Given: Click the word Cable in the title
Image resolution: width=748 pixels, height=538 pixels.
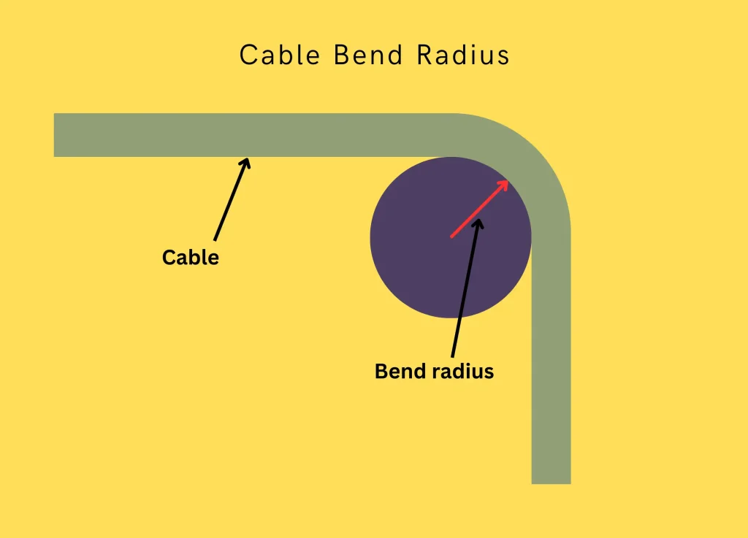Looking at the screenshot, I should pyautogui.click(x=280, y=55).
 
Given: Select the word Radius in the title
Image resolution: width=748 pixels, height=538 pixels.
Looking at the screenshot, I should pyautogui.click(x=463, y=55).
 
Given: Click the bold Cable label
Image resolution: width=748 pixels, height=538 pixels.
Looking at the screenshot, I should pyautogui.click(x=191, y=258).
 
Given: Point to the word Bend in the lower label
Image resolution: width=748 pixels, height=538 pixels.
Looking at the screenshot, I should pyautogui.click(x=400, y=372).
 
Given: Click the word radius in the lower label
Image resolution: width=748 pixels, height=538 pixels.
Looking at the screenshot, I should pyautogui.click(x=462, y=372).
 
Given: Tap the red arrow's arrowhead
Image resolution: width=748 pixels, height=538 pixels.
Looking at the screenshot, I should pyautogui.click(x=503, y=184).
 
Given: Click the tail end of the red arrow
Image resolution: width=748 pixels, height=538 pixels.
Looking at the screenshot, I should pyautogui.click(x=452, y=236).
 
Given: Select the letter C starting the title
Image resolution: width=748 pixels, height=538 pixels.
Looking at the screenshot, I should pyautogui.click(x=249, y=55).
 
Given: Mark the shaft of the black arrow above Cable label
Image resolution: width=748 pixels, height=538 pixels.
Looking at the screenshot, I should pyautogui.click(x=231, y=201).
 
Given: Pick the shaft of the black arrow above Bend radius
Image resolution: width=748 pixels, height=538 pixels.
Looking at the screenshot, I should pyautogui.click(x=465, y=292).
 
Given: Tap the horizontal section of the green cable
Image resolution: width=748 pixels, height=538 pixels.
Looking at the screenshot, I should pyautogui.click(x=256, y=135).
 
